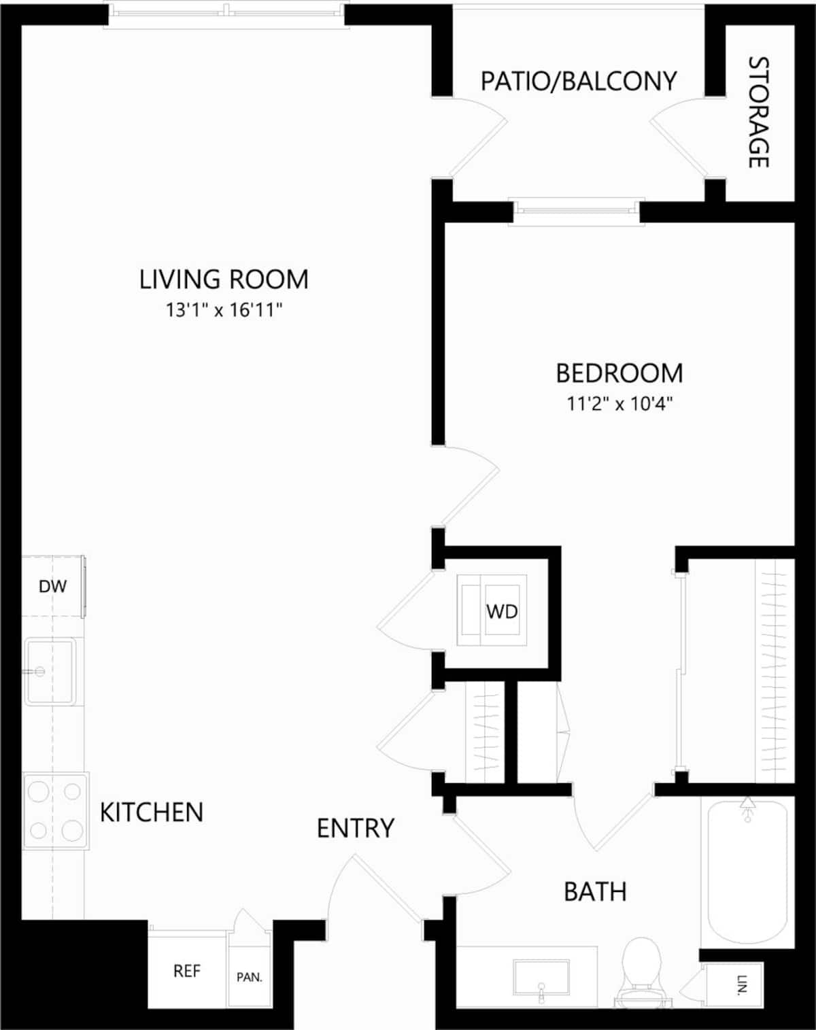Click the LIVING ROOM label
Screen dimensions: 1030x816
pyautogui.click(x=224, y=279)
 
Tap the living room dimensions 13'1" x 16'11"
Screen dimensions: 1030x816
pyautogui.click(x=224, y=310)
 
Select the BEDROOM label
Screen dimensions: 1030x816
pyautogui.click(x=619, y=373)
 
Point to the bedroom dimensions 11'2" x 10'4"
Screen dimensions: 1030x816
pyautogui.click(x=619, y=404)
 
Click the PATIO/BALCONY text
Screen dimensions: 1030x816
pyautogui.click(x=579, y=82)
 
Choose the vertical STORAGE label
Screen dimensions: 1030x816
pyautogui.click(x=758, y=112)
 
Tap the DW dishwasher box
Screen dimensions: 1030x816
pyautogui.click(x=52, y=586)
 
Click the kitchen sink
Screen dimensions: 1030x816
pyautogui.click(x=50, y=672)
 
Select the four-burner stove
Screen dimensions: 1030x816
pyautogui.click(x=55, y=810)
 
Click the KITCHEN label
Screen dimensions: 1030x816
pyautogui.click(x=152, y=812)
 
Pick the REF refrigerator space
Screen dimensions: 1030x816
pyautogui.click(x=187, y=971)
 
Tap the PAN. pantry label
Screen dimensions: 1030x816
pyautogui.click(x=250, y=977)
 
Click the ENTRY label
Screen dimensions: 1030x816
pyautogui.click(x=356, y=828)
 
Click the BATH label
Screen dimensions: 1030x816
pyautogui.click(x=595, y=891)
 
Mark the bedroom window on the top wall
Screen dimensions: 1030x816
pyautogui.click(x=577, y=211)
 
